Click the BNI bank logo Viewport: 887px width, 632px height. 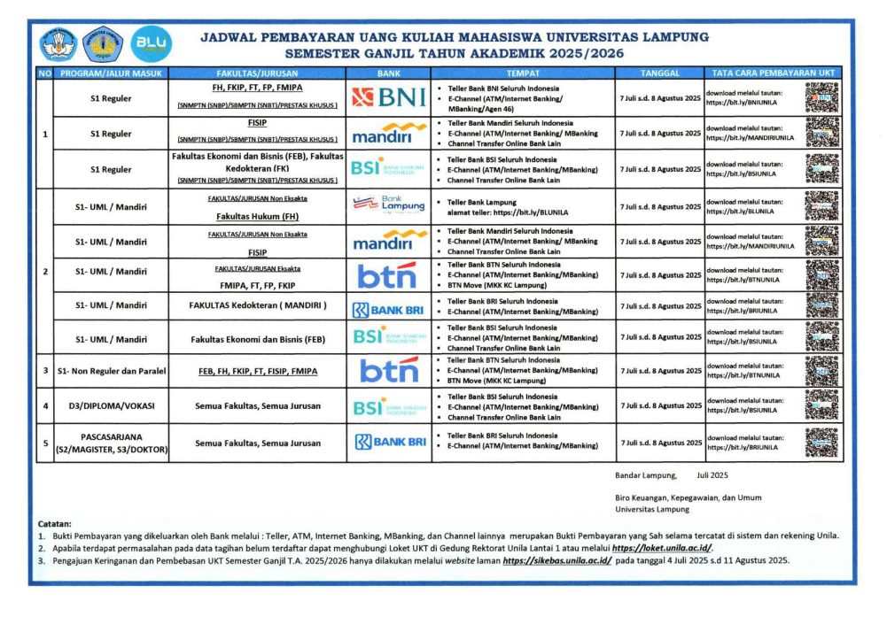[389, 97]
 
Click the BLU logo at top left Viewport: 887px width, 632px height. [152, 42]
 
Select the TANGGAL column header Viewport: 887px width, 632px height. [659, 73]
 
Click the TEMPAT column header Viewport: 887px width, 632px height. [523, 73]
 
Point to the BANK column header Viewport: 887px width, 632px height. [389, 73]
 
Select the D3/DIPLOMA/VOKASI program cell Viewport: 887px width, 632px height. [111, 406]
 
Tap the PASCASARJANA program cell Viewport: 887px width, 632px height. [111, 443]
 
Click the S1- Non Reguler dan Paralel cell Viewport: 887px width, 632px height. [111, 370]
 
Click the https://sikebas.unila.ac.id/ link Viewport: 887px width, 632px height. [556, 561]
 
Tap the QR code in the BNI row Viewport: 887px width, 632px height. [821, 97]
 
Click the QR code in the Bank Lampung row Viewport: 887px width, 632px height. [821, 206]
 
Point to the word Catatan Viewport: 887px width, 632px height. [55, 523]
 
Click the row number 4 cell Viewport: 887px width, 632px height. [44, 406]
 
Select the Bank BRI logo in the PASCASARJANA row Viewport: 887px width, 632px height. [389, 443]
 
